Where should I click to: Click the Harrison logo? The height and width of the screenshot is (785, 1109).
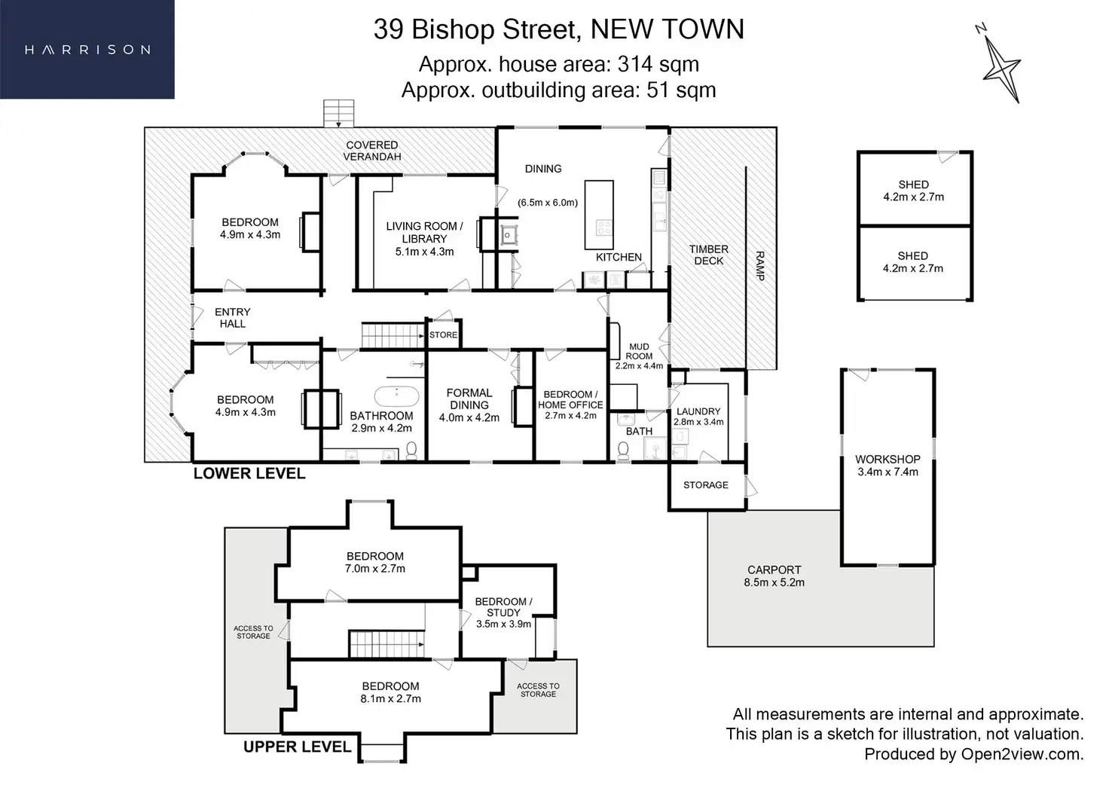[87, 50]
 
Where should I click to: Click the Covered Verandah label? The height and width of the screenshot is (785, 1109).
[371, 151]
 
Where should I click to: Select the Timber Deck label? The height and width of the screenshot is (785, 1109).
[708, 255]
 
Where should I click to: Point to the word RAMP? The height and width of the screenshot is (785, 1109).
[759, 266]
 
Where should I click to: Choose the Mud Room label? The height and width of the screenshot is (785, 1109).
[639, 352]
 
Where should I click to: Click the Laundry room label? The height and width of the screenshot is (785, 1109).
[698, 411]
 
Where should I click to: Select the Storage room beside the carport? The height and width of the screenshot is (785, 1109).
[706, 485]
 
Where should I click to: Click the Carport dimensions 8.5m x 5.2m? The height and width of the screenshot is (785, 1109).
[774, 582]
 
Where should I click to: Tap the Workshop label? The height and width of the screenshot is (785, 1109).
[888, 459]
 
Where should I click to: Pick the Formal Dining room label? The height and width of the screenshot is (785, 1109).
[469, 399]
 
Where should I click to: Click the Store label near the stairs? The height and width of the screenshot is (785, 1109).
[443, 335]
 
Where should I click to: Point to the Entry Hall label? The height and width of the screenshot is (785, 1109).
[232, 317]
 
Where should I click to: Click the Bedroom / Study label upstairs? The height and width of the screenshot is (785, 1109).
[503, 607]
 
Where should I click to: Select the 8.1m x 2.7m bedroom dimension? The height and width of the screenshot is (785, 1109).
[390, 698]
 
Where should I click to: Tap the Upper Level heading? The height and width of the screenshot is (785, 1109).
[297, 747]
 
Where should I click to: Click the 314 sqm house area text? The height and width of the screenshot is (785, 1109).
[658, 64]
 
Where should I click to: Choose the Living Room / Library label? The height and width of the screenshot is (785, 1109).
[424, 232]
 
